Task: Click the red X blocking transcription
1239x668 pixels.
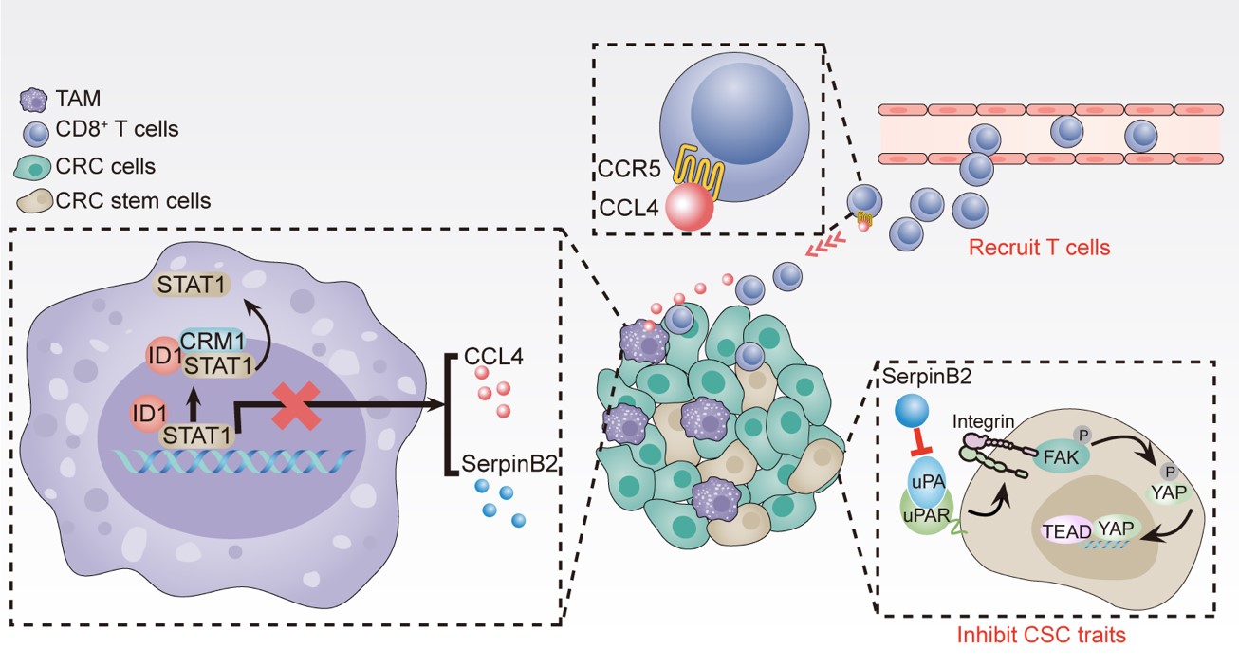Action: (295, 405)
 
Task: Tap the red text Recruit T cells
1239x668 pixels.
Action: (1039, 249)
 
